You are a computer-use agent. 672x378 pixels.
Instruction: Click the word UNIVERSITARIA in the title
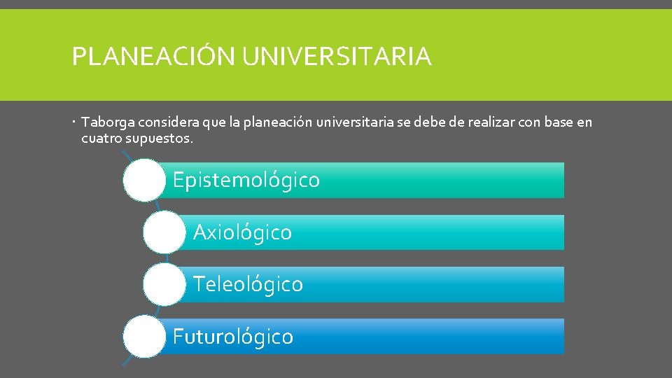(337, 57)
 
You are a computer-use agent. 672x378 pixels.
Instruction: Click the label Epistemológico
(246, 181)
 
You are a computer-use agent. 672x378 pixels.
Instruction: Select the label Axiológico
(242, 232)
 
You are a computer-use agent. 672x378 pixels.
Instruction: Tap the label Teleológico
(248, 284)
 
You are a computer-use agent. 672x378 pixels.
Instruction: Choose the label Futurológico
(233, 337)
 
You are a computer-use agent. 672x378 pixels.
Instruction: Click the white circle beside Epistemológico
(143, 180)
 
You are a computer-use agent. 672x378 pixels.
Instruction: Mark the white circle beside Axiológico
(164, 232)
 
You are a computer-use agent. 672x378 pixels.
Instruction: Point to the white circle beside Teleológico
(164, 284)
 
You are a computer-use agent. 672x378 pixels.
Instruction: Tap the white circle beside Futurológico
(143, 336)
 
